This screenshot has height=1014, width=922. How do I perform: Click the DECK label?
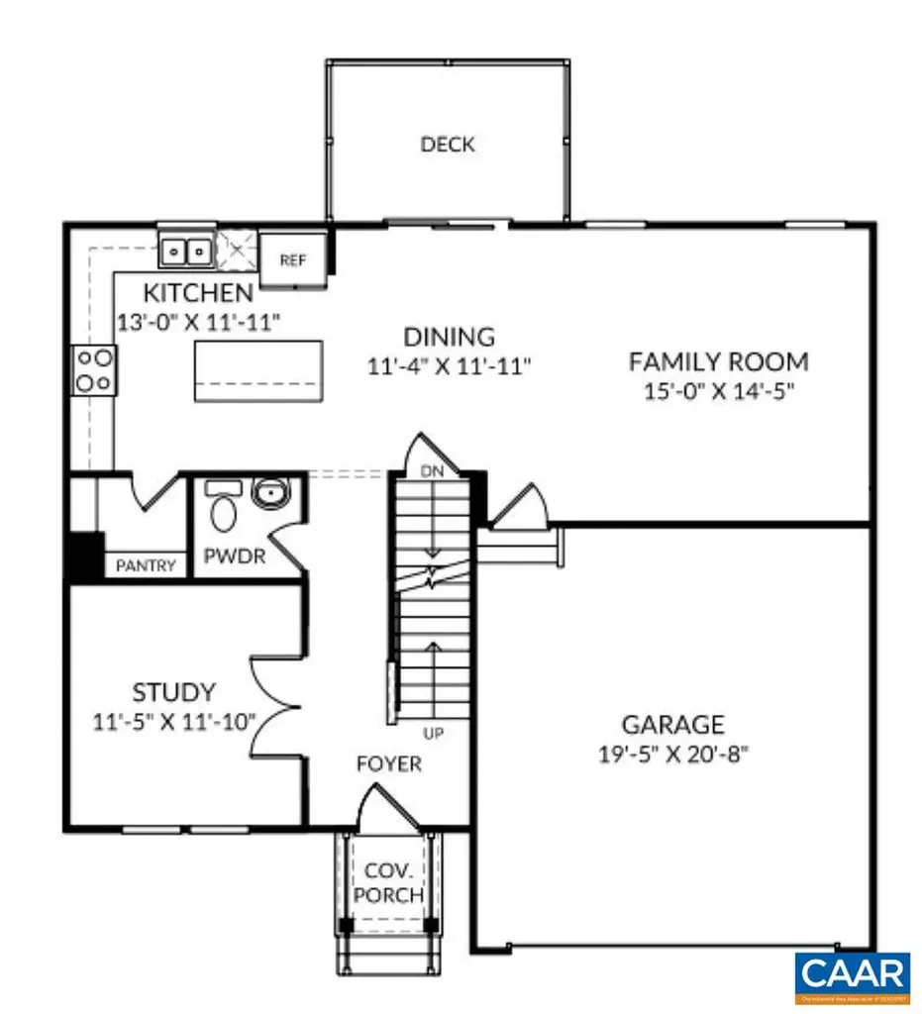click(448, 145)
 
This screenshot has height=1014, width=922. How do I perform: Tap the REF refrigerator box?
click(293, 260)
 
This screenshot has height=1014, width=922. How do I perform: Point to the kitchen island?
click(258, 370)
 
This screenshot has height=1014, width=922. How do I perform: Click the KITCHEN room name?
click(198, 294)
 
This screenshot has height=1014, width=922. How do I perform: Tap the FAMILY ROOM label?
click(718, 361)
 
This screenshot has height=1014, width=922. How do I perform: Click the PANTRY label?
click(147, 566)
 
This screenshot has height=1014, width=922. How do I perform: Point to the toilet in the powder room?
click(225, 514)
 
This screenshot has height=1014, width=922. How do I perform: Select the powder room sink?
click(267, 492)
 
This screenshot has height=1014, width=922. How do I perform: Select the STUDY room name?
click(173, 692)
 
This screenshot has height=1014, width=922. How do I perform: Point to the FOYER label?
click(389, 764)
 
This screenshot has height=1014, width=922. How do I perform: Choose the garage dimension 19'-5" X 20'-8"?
click(672, 753)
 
